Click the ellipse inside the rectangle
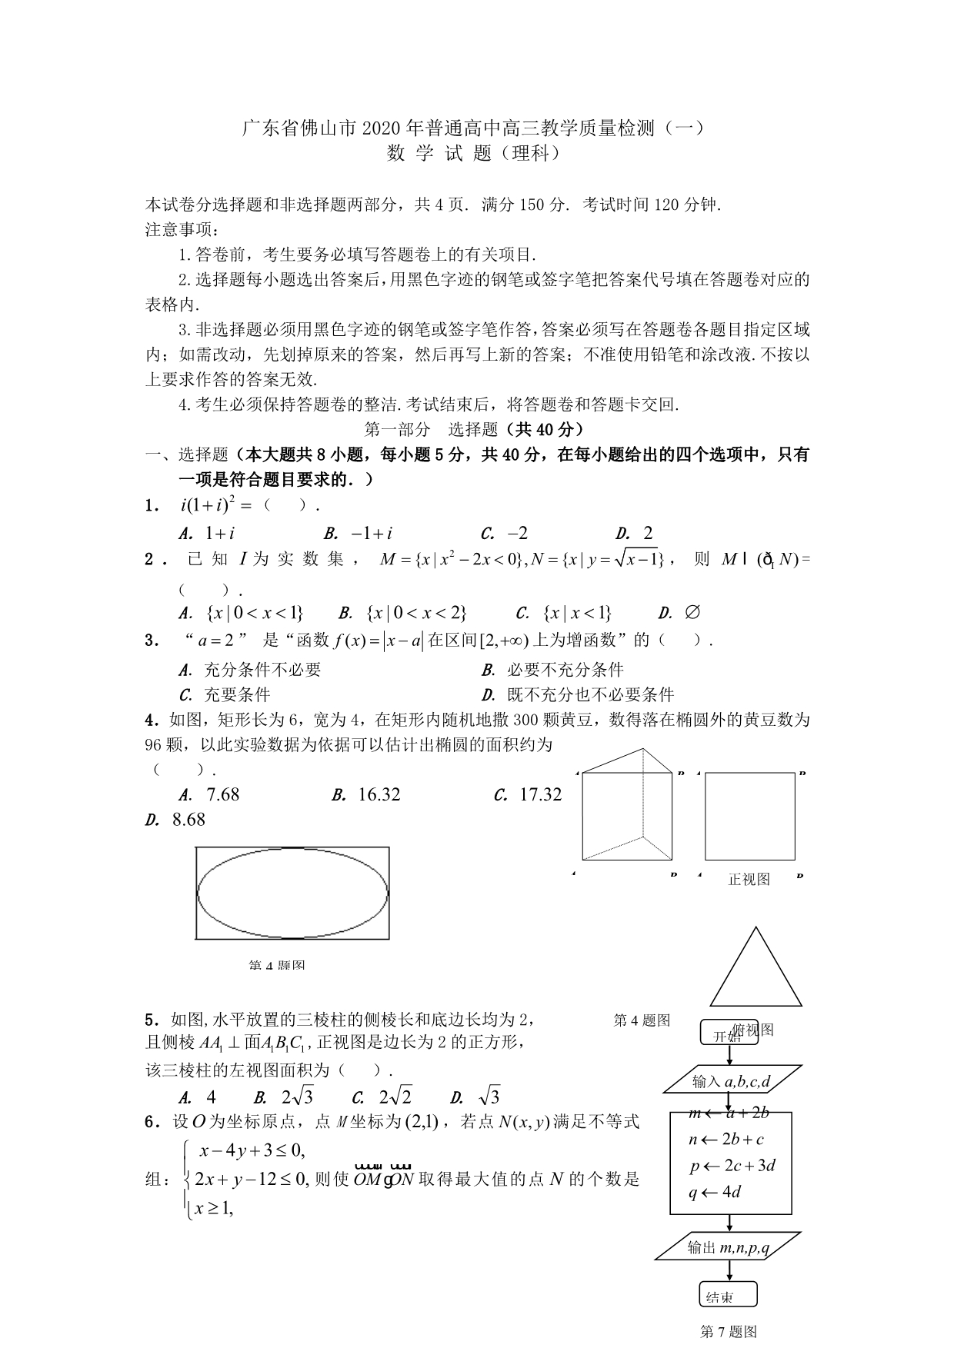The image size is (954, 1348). click(292, 893)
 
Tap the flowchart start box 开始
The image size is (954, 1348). click(728, 1034)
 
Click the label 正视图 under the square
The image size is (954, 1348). click(749, 879)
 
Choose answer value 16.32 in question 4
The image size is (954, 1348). click(379, 794)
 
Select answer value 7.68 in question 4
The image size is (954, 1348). click(223, 794)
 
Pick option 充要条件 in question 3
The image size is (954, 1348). click(237, 695)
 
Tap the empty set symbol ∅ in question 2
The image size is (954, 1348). click(692, 613)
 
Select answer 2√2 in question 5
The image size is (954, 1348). click(395, 1097)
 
